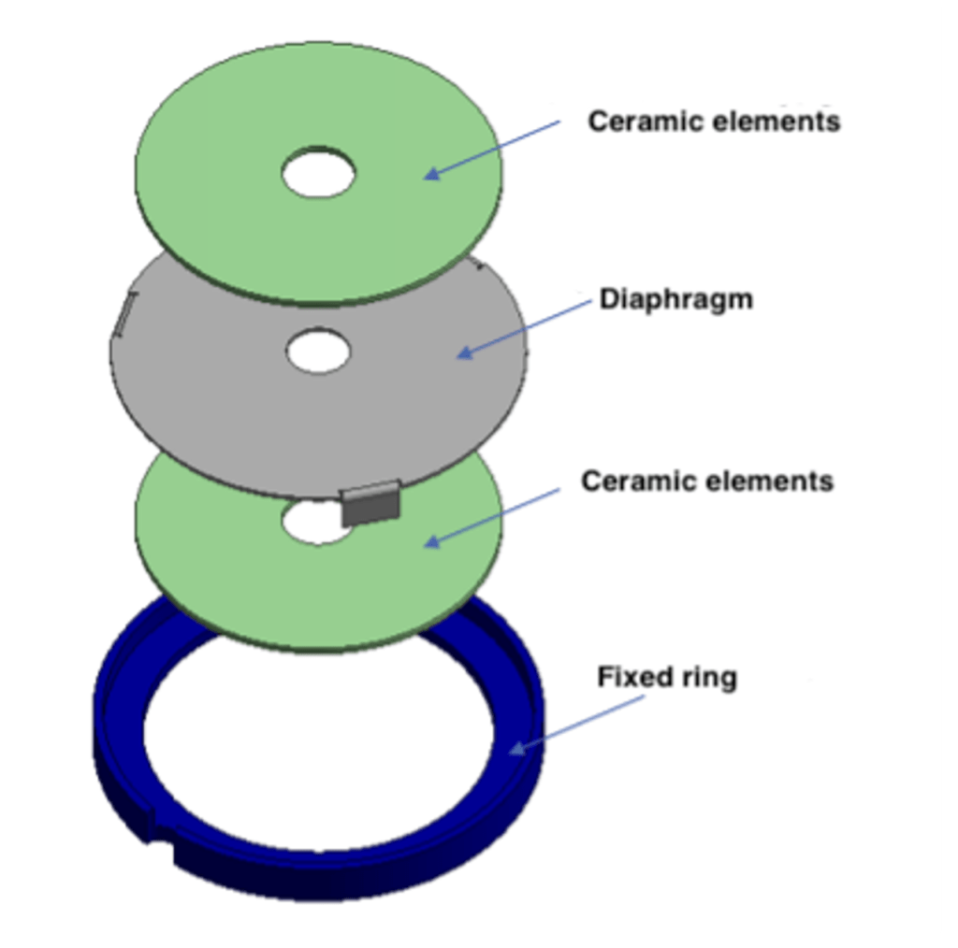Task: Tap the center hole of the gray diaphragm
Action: (x=319, y=352)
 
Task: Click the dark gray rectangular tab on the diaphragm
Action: (x=371, y=505)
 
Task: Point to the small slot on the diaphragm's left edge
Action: (x=124, y=314)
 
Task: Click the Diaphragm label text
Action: (x=675, y=300)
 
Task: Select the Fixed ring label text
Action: (x=666, y=676)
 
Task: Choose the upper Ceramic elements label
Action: (x=714, y=121)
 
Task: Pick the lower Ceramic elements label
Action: (x=706, y=481)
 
